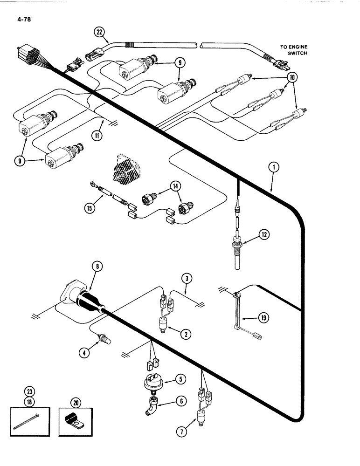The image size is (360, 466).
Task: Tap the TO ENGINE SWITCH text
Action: (x=295, y=50)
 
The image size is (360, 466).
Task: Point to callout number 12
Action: (x=264, y=235)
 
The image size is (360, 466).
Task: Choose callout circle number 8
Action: (x=97, y=267)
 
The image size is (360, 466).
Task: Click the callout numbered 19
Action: (x=264, y=319)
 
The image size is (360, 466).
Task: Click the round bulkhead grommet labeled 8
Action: (x=84, y=300)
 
